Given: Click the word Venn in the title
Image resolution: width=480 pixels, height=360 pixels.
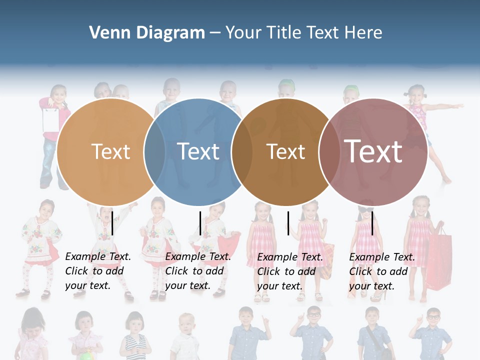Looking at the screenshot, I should (x=108, y=33).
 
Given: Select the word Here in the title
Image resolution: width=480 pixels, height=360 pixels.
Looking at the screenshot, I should (x=362, y=33).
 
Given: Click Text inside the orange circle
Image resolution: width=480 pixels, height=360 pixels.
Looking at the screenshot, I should (x=110, y=151).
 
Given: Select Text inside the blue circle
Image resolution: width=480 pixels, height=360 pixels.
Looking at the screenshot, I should (x=198, y=151).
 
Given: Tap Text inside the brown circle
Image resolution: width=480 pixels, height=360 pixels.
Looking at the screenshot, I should (x=285, y=151).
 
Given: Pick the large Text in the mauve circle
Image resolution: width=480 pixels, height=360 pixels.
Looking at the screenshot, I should (x=373, y=151).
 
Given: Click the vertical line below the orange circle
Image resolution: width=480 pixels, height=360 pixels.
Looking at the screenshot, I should (x=112, y=223).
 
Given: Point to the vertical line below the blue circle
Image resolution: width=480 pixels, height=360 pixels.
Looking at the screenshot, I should (x=200, y=223).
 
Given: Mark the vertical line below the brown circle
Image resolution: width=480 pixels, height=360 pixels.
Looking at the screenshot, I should (x=288, y=223).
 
